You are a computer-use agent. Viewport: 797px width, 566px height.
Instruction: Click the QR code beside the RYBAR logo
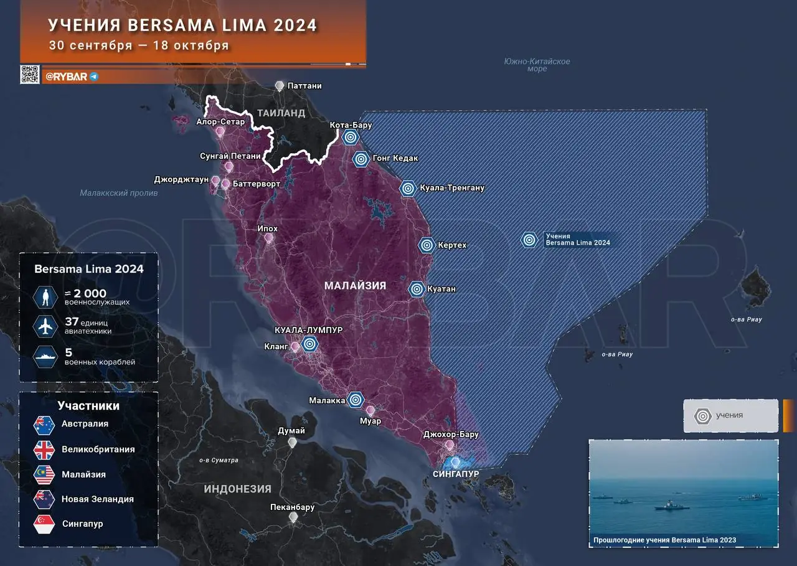pyautogui.click(x=30, y=75)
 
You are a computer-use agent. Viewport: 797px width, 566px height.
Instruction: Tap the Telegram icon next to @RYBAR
pyautogui.click(x=94, y=77)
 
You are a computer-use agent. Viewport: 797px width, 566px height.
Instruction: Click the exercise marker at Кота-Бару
pyautogui.click(x=351, y=138)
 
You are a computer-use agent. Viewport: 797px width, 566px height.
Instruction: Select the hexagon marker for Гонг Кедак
pyautogui.click(x=361, y=159)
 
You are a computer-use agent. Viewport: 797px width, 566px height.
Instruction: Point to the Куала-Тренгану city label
pyautogui.click(x=452, y=187)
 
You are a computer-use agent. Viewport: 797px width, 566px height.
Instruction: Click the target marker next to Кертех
pyautogui.click(x=427, y=245)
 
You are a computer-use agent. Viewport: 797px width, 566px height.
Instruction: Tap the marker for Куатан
pyautogui.click(x=417, y=289)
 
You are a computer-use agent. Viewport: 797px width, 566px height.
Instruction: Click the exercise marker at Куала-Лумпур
pyautogui.click(x=309, y=343)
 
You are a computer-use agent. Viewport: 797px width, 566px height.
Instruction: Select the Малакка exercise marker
pyautogui.click(x=356, y=400)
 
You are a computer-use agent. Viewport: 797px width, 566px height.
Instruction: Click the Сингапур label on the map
pyautogui.click(x=456, y=474)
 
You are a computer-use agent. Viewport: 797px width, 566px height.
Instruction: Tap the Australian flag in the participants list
pyautogui.click(x=45, y=425)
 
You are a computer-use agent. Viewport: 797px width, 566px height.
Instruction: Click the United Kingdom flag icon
pyautogui.click(x=45, y=450)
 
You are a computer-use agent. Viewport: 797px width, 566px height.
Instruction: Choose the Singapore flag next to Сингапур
pyautogui.click(x=45, y=524)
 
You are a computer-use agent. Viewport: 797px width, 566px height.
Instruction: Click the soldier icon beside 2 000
pyautogui.click(x=45, y=297)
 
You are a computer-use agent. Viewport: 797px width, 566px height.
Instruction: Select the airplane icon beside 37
pyautogui.click(x=45, y=326)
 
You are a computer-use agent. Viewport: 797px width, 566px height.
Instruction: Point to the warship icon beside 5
pyautogui.click(x=45, y=356)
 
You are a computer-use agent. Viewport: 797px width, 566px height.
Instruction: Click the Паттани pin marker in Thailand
pyautogui.click(x=280, y=86)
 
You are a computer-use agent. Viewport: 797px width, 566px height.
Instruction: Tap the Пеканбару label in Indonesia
pyautogui.click(x=292, y=507)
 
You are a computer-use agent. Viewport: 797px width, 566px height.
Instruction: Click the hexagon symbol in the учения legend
pyautogui.click(x=703, y=415)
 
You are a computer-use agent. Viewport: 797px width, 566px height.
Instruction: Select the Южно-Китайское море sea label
pyautogui.click(x=537, y=65)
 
